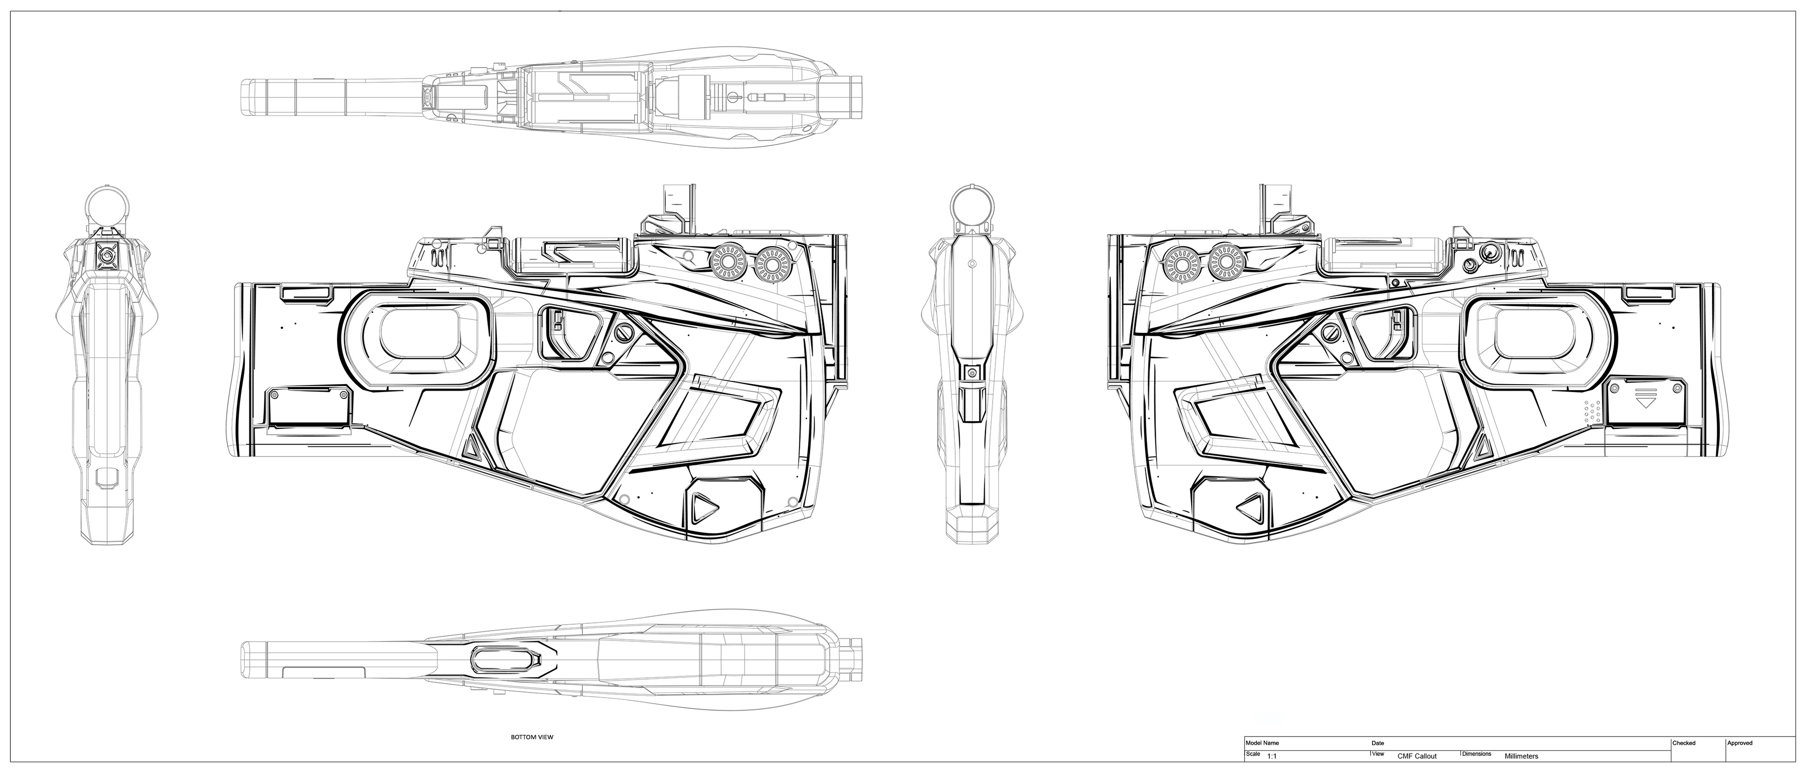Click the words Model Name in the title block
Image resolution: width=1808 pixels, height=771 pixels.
click(1262, 742)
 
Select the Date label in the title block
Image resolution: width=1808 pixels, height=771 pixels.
click(1378, 742)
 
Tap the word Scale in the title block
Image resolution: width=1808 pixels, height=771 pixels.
click(1253, 754)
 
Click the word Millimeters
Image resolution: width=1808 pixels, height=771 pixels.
click(1522, 756)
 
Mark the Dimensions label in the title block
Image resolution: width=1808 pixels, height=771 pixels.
click(1477, 754)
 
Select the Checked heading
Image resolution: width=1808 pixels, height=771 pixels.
click(1684, 743)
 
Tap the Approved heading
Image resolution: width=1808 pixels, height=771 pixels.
click(1740, 743)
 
